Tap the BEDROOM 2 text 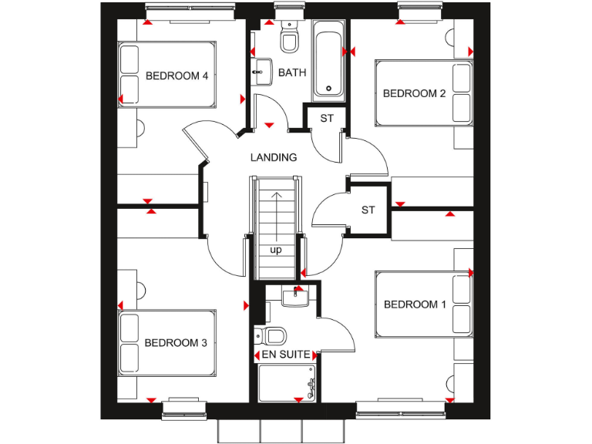415,93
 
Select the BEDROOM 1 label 415,304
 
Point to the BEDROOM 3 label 176,343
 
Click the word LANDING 274,157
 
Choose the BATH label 292,72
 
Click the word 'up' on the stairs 275,251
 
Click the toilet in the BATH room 290,39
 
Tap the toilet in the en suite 272,335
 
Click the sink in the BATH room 261,71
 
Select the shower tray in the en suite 288,382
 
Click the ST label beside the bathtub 327,118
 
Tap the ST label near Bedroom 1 368,210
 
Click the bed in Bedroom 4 166,74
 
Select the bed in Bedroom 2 424,92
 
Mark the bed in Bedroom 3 166,342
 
